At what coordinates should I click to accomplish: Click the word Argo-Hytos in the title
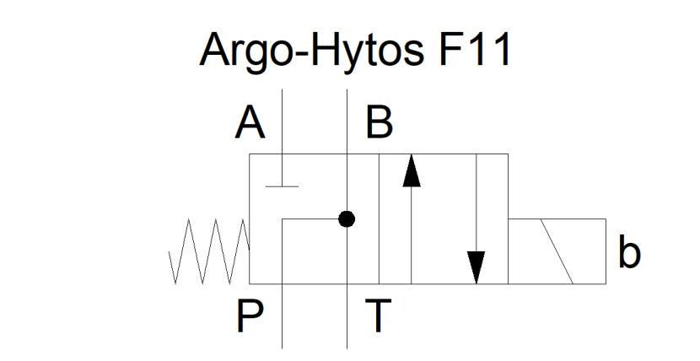[x=311, y=51]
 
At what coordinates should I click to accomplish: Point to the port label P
[x=250, y=316]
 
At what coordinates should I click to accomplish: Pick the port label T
[x=378, y=316]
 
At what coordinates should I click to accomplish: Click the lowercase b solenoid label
[x=629, y=252]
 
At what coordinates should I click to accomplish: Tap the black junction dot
[x=347, y=219]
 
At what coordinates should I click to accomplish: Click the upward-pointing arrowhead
[x=412, y=170]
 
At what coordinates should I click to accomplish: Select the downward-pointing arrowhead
[x=477, y=267]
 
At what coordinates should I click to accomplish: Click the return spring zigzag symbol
[x=209, y=251]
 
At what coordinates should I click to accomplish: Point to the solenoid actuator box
[x=557, y=251]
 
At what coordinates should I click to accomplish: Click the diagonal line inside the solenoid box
[x=557, y=251]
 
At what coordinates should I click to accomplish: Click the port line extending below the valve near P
[x=283, y=316]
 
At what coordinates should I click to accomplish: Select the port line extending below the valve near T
[x=347, y=316]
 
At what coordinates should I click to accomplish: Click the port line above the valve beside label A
[x=282, y=121]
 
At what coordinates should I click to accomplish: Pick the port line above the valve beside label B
[x=347, y=121]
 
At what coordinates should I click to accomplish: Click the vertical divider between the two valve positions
[x=379, y=218]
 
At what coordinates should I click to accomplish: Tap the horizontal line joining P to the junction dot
[x=310, y=219]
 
